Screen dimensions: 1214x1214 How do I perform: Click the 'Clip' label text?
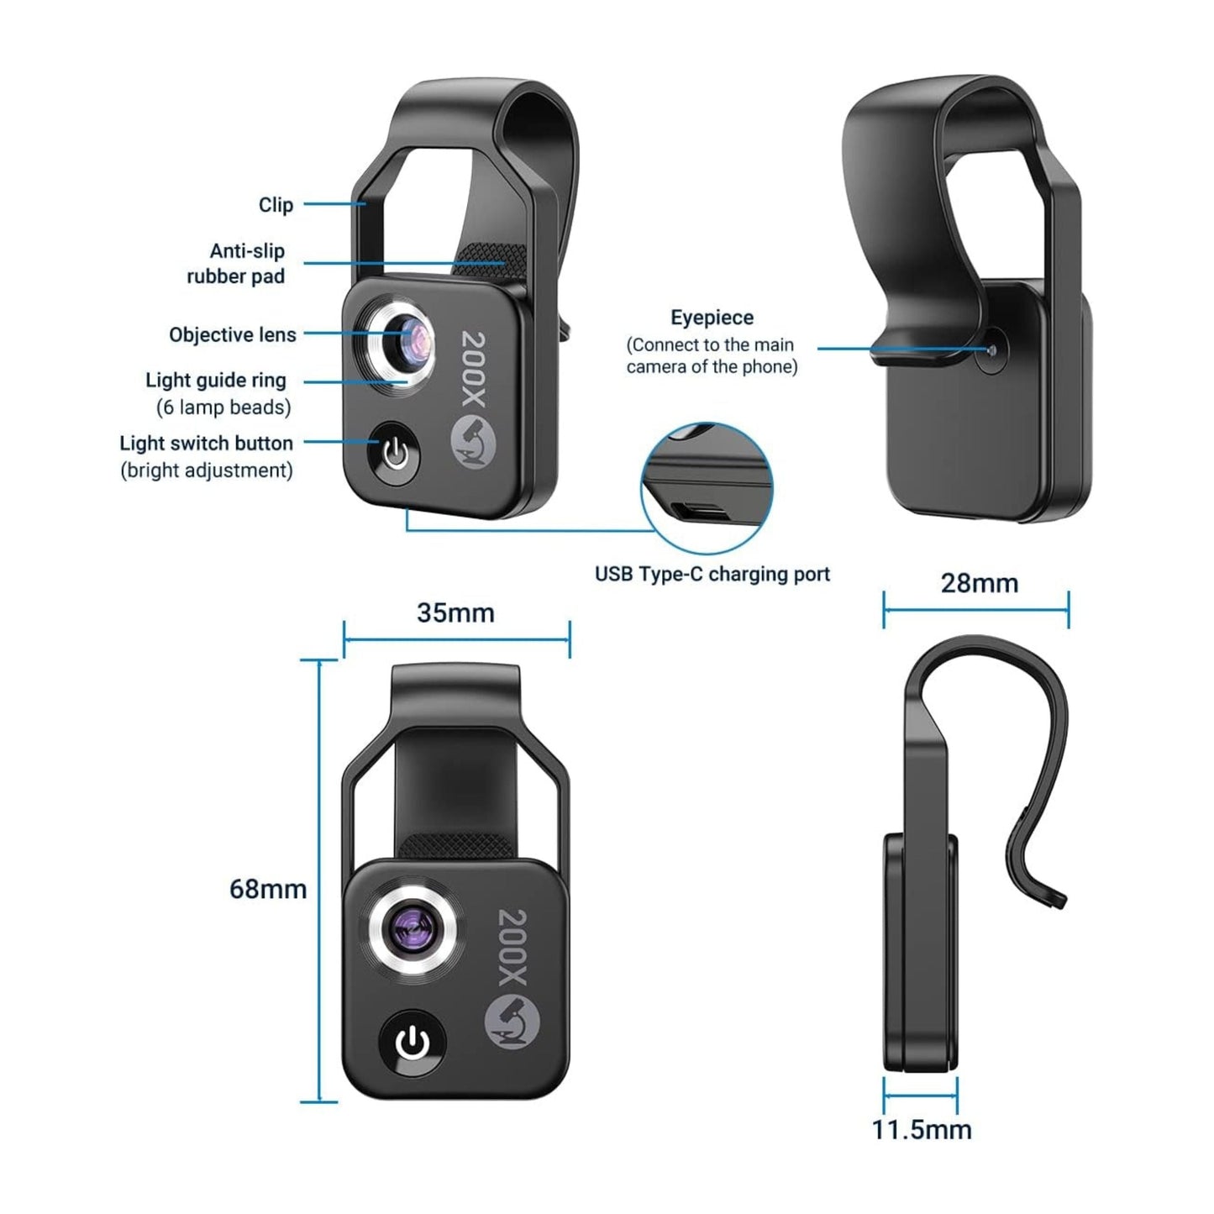coord(276,205)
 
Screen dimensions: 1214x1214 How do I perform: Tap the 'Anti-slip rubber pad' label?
coord(236,263)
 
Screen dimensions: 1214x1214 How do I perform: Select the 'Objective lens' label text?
coord(233,335)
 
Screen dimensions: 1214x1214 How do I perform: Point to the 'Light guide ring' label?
coord(216,381)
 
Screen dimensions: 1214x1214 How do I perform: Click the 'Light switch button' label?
coord(206,444)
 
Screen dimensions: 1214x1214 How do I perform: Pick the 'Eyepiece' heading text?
coord(712,318)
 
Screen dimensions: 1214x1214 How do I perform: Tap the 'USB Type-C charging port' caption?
coord(712,575)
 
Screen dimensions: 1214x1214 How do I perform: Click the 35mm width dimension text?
coord(455,613)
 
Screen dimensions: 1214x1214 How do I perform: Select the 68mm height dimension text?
coord(268,889)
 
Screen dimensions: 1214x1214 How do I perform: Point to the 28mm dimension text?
coord(979,583)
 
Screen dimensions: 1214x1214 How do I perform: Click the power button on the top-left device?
coord(394,455)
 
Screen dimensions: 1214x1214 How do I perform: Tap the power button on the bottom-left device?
coord(413,1044)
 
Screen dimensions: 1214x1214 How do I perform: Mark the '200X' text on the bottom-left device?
coord(511,946)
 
